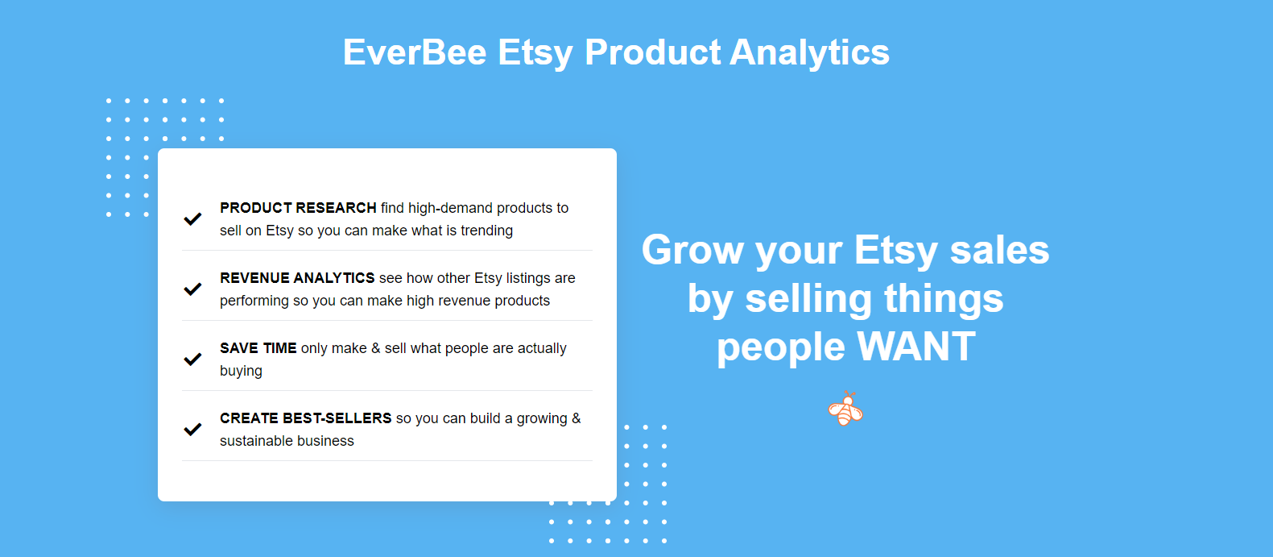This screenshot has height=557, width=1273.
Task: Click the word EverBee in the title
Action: coord(415,52)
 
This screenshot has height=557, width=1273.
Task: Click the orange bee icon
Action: coord(845,409)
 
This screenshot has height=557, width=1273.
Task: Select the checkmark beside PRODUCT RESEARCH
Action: coord(192,218)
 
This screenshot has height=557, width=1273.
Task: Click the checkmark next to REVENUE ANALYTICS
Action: coord(192,289)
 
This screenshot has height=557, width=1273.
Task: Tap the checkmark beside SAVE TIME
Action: coord(192,359)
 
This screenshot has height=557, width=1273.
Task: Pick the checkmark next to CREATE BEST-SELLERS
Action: coord(192,429)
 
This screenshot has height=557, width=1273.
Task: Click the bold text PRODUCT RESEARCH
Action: coord(298,208)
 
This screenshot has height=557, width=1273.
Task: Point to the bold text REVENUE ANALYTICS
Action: coord(297,278)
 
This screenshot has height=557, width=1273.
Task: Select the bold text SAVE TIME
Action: coord(258,348)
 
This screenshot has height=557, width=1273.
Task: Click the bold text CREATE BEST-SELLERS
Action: coord(305,418)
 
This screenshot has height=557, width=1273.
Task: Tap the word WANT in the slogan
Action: coord(916,347)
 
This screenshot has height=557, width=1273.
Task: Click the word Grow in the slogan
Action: coord(692,250)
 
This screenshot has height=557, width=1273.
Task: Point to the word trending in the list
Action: coord(486,231)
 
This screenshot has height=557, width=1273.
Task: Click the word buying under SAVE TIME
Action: coord(241,371)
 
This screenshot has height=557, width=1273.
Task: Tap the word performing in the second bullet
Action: coord(254,301)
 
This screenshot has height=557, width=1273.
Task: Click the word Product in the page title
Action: coord(653,52)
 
